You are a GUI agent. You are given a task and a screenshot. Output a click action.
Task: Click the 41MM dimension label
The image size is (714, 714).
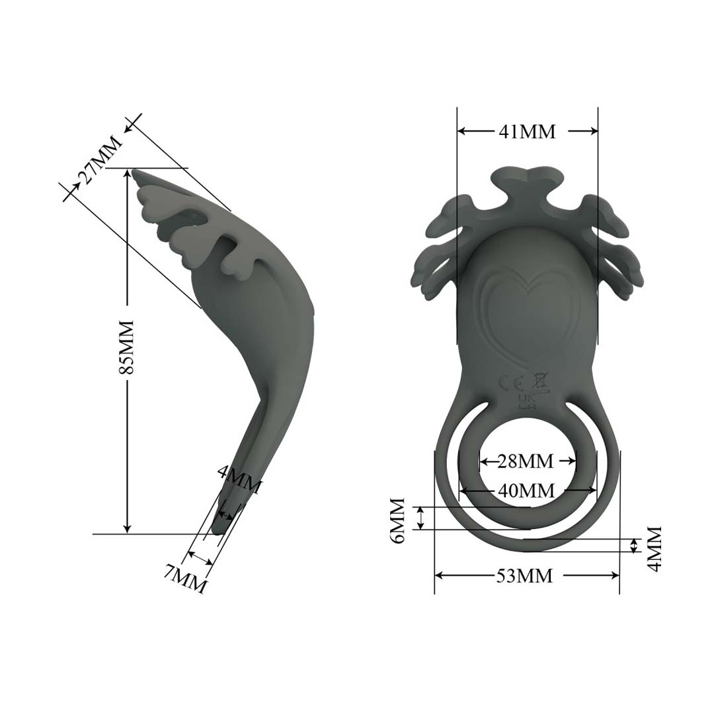527,132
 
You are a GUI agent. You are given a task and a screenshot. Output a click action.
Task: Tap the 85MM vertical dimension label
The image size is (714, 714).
126,348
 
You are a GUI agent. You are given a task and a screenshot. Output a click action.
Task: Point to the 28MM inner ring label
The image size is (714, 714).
526,461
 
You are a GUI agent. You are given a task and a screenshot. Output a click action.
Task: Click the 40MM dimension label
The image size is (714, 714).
527,491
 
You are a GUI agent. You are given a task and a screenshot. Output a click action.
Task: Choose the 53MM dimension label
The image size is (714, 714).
524,576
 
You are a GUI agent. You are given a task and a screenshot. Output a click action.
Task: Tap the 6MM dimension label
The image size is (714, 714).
398,520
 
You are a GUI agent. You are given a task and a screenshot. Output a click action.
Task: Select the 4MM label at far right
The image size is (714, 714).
654,548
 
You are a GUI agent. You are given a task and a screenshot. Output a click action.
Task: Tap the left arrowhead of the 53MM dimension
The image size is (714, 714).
438,576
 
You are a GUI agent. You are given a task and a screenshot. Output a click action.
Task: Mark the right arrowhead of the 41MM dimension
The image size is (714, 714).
594,132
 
